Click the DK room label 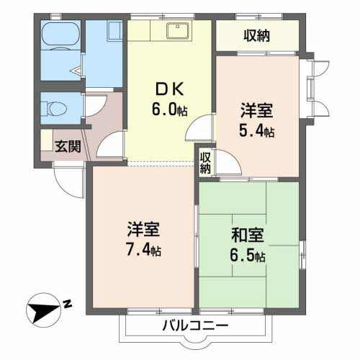[168, 91]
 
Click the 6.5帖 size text [248, 256]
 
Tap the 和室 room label [247, 235]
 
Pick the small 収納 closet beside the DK [206, 163]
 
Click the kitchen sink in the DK [177, 32]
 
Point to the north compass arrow [44, 312]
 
